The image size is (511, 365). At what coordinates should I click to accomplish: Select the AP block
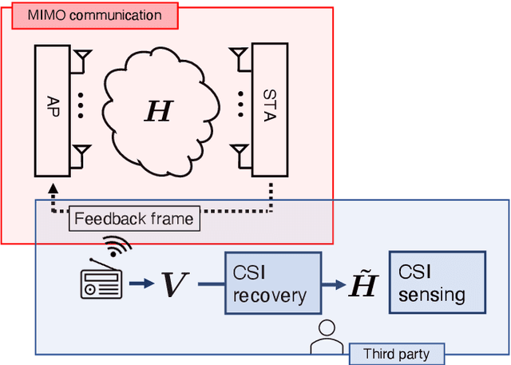[53, 110]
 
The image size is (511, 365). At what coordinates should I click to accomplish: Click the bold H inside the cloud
[158, 111]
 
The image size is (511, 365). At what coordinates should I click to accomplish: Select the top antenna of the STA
[237, 58]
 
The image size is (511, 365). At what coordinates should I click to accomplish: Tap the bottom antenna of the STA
[237, 152]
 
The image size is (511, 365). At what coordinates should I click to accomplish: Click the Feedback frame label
[133, 218]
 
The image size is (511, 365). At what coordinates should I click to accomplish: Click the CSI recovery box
[271, 285]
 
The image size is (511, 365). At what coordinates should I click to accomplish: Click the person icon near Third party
[324, 338]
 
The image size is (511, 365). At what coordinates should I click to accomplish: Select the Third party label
[396, 354]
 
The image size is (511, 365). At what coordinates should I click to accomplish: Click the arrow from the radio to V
[141, 284]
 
